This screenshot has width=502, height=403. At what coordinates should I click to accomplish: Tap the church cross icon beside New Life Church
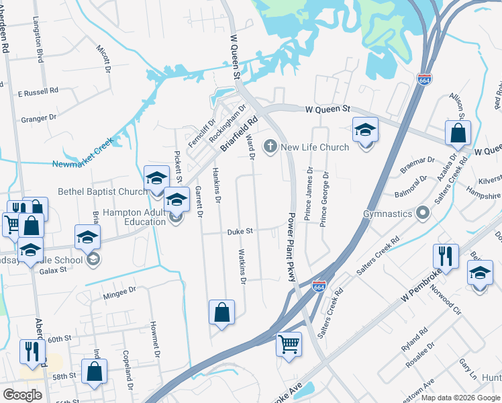270,146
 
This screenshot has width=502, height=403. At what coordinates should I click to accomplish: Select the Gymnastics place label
387,214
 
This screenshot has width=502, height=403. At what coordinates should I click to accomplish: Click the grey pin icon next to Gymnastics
423,214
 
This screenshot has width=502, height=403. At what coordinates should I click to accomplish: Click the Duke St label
240,230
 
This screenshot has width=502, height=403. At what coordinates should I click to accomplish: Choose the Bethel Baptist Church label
102,191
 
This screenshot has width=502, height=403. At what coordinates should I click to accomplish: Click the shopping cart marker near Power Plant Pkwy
289,344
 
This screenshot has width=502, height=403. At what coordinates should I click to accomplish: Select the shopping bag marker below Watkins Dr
221,313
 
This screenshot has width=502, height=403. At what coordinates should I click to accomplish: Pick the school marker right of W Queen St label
366,130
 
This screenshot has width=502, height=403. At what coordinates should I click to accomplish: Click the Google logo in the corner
22,394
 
